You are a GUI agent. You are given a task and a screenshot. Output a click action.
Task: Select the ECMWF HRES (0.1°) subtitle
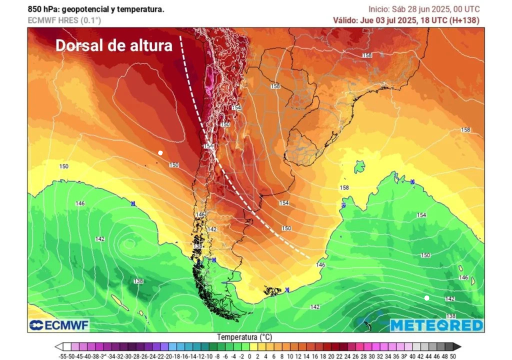pos(64,20)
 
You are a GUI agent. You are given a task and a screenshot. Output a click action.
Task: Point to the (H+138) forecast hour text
pos(463,20)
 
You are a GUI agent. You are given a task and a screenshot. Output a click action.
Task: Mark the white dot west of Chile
pos(160,152)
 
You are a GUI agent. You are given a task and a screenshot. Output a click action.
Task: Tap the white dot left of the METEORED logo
pos(426,298)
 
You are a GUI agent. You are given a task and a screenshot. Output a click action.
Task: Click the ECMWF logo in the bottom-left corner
pos(59,325)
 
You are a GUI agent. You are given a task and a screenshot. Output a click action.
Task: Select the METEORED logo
pos(436,325)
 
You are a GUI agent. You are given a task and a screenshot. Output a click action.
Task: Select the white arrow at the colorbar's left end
pos(59,346)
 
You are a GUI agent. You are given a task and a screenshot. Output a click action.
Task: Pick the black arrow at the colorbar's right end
pos(456,346)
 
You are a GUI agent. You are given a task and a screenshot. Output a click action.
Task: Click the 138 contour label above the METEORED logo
pos(450,316)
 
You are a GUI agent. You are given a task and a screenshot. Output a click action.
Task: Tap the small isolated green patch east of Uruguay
pos(359,167)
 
